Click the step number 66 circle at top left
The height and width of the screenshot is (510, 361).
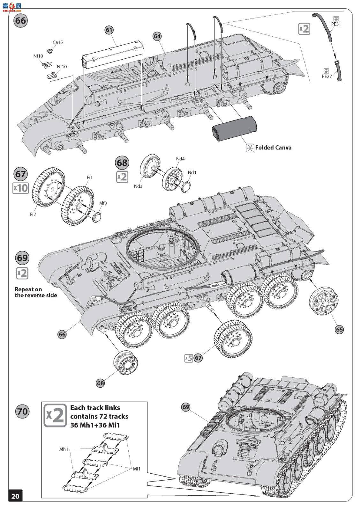pos(20,21)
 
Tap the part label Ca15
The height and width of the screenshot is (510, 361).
pos(58,42)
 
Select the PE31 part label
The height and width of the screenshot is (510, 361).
pos(336,24)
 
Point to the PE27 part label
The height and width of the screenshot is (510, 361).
pos(327,76)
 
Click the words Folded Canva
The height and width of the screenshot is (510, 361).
pos(273,148)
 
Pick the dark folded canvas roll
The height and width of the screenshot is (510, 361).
pos(234,129)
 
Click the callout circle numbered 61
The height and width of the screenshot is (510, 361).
pos(109,30)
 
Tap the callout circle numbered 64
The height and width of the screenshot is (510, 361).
pos(157,36)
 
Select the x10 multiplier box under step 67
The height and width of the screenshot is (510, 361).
pos(20,188)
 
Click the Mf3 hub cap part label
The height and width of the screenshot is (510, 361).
pos(103,203)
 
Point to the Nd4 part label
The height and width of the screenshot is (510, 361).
pos(180,159)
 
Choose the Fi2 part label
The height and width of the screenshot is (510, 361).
pos(33,214)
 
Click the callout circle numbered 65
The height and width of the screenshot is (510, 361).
pos(339,330)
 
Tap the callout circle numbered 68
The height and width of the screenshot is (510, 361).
pos(100,383)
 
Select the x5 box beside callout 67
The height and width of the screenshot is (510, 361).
pos(189,358)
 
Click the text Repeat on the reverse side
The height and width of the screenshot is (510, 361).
pos(36,292)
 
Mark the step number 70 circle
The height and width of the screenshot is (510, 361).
pos(22,412)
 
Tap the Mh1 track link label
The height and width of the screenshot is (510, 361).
pos(64,449)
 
